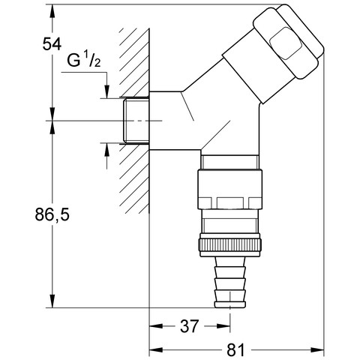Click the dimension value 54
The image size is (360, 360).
[52, 44]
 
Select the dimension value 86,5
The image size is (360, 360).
[52, 214]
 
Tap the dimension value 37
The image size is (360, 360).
[189, 326]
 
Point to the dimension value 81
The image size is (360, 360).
[235, 349]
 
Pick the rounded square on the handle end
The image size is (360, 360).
[286, 43]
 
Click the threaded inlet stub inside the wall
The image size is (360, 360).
[136, 121]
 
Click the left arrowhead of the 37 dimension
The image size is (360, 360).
[156, 326]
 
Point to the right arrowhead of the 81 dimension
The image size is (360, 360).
[317, 349]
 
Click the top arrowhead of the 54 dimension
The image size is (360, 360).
[52, 11]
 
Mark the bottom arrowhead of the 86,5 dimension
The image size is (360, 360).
[52, 301]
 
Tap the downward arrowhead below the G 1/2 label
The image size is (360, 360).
[107, 91]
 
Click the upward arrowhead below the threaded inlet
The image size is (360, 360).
[107, 150]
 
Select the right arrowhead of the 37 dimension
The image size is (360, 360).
[223, 326]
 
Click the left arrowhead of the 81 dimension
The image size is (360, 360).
[156, 349]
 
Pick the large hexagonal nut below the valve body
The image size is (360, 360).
[230, 189]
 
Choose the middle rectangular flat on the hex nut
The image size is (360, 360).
[230, 203]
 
